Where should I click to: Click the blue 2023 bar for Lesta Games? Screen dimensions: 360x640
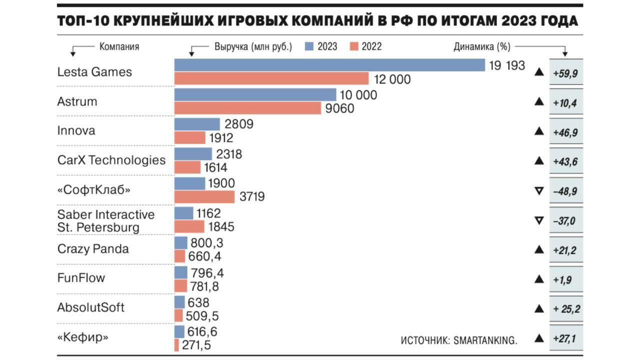pos(329,65)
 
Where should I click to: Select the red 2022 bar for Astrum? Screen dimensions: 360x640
pos(247,108)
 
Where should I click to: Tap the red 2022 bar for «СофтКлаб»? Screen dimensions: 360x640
pos(204,197)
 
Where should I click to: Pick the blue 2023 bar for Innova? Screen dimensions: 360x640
pos(197,124)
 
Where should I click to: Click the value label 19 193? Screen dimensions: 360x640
pos(507,65)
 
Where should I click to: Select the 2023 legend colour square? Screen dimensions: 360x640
pos(308,46)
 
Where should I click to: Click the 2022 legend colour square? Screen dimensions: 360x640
pos(354,46)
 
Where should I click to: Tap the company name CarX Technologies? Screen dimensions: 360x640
pos(111,160)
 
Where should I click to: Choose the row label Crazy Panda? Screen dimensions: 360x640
pos(93,249)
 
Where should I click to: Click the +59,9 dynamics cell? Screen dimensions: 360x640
pos(566,73)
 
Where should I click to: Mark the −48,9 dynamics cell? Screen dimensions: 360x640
pos(566,190)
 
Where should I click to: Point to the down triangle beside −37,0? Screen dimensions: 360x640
pos(539,220)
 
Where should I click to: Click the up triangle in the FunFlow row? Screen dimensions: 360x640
pos(539,279)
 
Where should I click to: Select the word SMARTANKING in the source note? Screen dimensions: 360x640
pos(484,340)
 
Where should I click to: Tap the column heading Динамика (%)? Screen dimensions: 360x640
pos(482,47)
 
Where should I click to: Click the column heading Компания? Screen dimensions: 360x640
pos(119,47)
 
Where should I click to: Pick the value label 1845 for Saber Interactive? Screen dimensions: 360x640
pos(221,227)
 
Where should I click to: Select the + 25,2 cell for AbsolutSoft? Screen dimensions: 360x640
pos(566,309)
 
